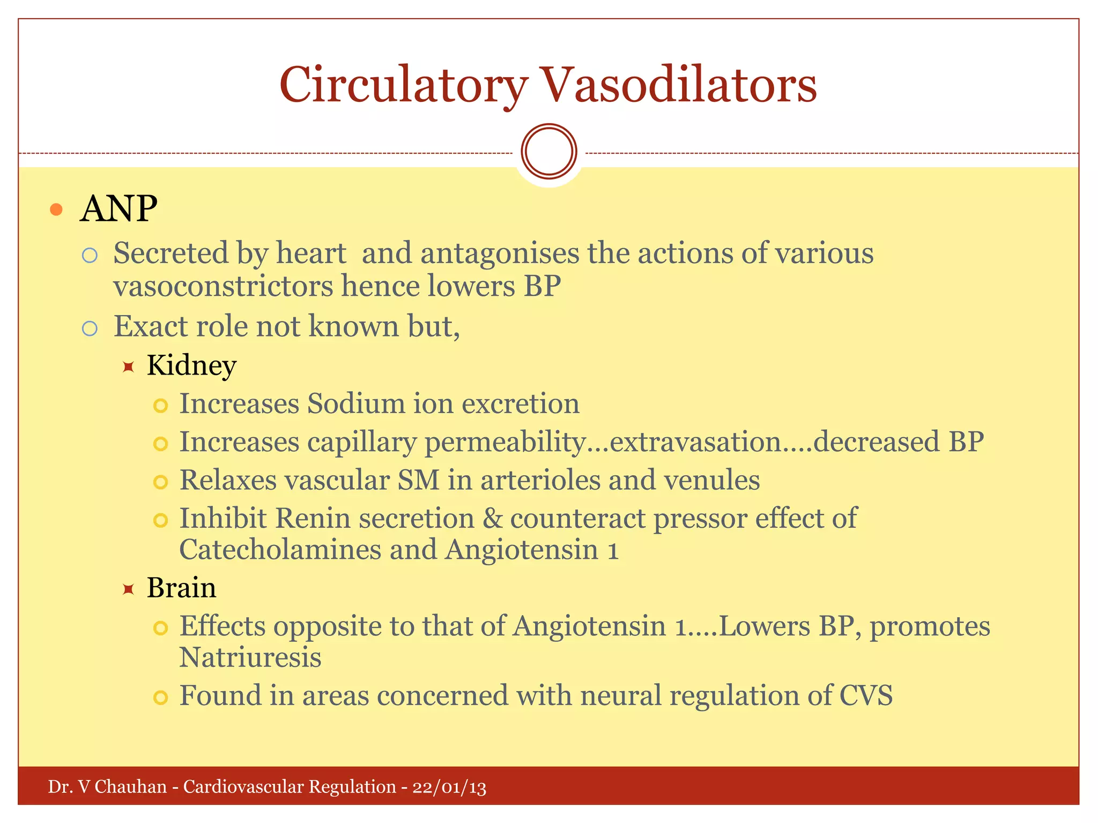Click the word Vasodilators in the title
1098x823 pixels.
[679, 86]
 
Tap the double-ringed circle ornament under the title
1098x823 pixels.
[548, 152]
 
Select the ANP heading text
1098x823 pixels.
[118, 208]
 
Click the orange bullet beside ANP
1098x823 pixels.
[56, 210]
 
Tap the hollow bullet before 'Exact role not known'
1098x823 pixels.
[90, 328]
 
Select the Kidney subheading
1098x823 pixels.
[191, 366]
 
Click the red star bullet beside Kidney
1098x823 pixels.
[128, 367]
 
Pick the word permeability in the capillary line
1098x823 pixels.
[505, 443]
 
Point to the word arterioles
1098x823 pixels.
[540, 480]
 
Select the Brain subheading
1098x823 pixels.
[181, 588]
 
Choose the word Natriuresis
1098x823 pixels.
[250, 658]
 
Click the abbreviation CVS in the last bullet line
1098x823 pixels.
[865, 695]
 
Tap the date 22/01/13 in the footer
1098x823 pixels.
[449, 787]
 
